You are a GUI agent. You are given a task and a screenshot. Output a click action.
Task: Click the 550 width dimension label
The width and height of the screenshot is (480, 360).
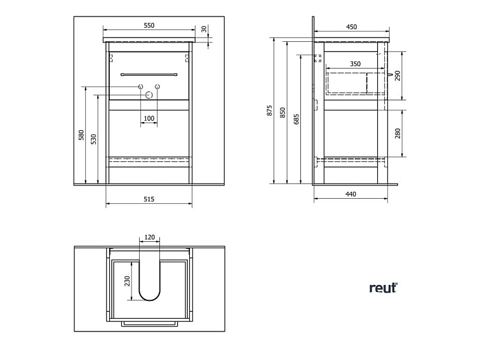pos(149,25)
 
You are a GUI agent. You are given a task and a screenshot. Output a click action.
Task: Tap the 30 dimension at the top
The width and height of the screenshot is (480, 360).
pos(204,29)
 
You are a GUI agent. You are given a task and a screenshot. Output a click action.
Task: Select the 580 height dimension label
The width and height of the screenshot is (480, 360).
pos(81,135)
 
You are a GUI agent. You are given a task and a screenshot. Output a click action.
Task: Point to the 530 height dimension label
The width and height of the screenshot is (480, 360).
pos(93,138)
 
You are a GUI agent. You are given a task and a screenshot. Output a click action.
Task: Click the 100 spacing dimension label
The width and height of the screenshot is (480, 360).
pos(149,118)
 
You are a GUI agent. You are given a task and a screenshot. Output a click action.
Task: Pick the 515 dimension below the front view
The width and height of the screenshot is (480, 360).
pos(149,199)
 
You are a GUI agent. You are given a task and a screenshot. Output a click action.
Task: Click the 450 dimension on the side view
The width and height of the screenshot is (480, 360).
pos(351,27)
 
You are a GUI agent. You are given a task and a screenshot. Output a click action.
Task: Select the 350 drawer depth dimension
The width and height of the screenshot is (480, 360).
pos(355,64)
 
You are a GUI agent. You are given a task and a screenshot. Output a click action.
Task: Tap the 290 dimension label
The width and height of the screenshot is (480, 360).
pos(397,76)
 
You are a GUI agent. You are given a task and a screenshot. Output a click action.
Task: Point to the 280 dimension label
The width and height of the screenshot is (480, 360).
pos(397,133)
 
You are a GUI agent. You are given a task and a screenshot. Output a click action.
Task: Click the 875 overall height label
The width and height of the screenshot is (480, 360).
pos(269,110)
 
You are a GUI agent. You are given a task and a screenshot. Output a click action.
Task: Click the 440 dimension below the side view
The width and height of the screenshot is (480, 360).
pos(350,194)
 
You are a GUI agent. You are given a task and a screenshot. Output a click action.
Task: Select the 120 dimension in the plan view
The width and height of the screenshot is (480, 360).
pos(149,237)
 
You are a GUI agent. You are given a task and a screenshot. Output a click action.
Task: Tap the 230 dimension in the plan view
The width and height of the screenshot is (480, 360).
pos(127,280)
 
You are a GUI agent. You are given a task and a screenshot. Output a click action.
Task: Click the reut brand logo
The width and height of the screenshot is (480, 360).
pos(383,288)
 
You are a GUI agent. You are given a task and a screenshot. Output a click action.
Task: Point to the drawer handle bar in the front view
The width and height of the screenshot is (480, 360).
pos(149,74)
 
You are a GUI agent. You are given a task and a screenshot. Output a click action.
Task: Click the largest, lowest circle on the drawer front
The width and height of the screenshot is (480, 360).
pos(149,95)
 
